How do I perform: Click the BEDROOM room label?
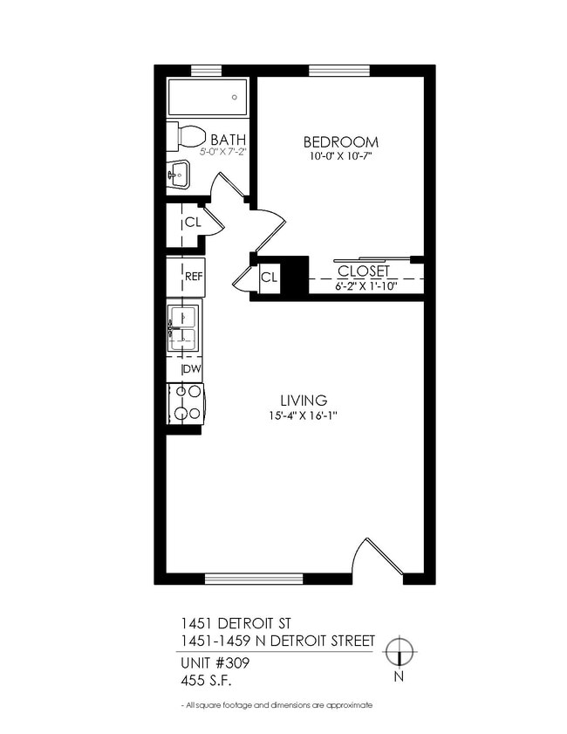pos(340,141)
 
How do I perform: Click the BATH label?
pos(228,139)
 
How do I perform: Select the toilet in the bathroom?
pos(190,136)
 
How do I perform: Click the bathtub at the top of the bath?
pos(207,98)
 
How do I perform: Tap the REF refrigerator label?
pos(194,277)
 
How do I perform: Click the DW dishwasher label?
pos(192,370)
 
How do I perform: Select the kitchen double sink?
pos(184,326)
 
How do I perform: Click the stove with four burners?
pos(185,404)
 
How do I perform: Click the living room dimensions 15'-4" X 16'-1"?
pos(303,416)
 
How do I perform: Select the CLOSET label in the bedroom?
pos(363,271)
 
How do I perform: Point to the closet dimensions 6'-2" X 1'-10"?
pos(366,285)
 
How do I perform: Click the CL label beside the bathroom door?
pos(193,222)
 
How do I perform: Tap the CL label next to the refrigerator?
pos(269,278)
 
